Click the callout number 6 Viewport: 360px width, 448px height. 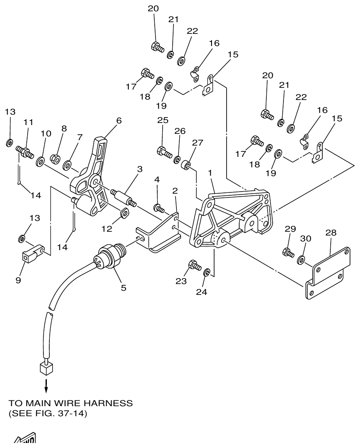(x=119, y=120)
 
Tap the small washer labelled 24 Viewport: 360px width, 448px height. (x=207, y=273)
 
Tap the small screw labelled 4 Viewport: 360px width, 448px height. (x=158, y=207)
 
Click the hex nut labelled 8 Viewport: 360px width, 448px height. (x=54, y=159)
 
